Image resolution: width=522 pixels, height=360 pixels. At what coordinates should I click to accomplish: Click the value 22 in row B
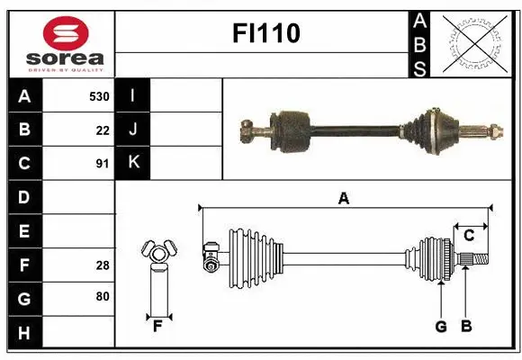click(x=102, y=130)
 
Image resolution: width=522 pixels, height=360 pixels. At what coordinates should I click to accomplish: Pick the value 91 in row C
click(x=102, y=164)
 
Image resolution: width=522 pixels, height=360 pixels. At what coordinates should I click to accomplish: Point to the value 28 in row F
click(x=102, y=265)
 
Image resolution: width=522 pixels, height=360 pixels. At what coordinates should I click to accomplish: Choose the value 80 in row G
click(x=102, y=297)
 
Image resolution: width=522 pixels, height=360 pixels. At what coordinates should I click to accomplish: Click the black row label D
click(x=24, y=197)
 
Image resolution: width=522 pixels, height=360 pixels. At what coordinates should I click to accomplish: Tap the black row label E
click(x=24, y=231)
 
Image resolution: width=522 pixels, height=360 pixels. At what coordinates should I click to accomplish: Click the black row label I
click(x=133, y=95)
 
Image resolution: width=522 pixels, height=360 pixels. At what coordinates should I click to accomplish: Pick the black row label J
click(x=133, y=130)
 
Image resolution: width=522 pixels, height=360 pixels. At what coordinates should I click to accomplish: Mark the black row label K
click(x=133, y=163)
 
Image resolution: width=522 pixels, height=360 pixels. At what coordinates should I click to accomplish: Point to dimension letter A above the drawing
click(x=343, y=199)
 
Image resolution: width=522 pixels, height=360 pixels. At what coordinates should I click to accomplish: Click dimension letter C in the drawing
click(x=469, y=236)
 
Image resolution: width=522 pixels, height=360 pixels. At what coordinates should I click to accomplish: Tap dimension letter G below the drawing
click(x=441, y=327)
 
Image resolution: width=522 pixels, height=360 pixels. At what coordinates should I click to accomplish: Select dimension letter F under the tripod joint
click(x=157, y=327)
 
